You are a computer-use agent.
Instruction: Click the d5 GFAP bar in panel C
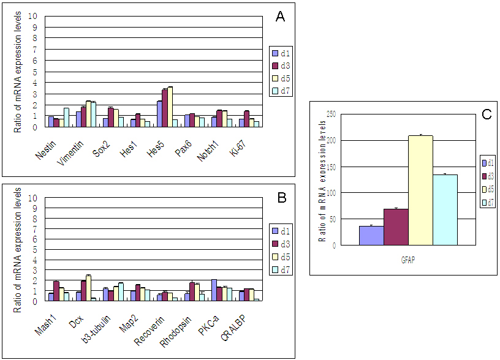[x=420, y=190]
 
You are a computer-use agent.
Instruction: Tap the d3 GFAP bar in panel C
[x=396, y=227]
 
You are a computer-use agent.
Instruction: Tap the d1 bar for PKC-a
[x=213, y=290]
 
